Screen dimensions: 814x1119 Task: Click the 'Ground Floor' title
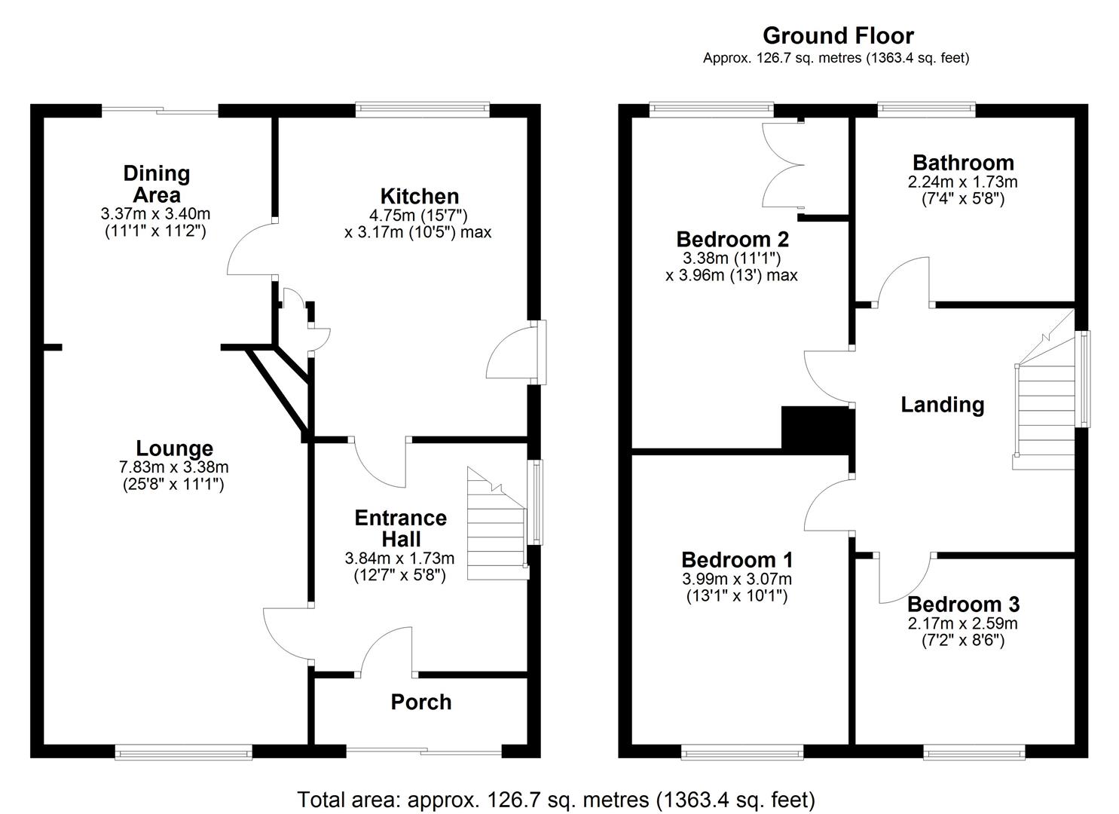(x=838, y=35)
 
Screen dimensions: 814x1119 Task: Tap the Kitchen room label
(x=419, y=196)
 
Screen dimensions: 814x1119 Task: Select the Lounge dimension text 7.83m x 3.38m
(x=173, y=467)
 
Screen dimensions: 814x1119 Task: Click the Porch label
(x=420, y=702)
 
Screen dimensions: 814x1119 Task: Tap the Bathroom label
(x=962, y=162)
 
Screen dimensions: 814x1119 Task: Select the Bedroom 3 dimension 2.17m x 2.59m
(x=962, y=623)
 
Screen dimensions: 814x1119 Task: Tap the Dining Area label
(x=156, y=183)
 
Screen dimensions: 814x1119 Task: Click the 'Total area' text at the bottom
(x=555, y=799)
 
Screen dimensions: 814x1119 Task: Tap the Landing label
(x=942, y=405)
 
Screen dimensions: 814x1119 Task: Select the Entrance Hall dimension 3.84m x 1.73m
(x=399, y=558)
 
